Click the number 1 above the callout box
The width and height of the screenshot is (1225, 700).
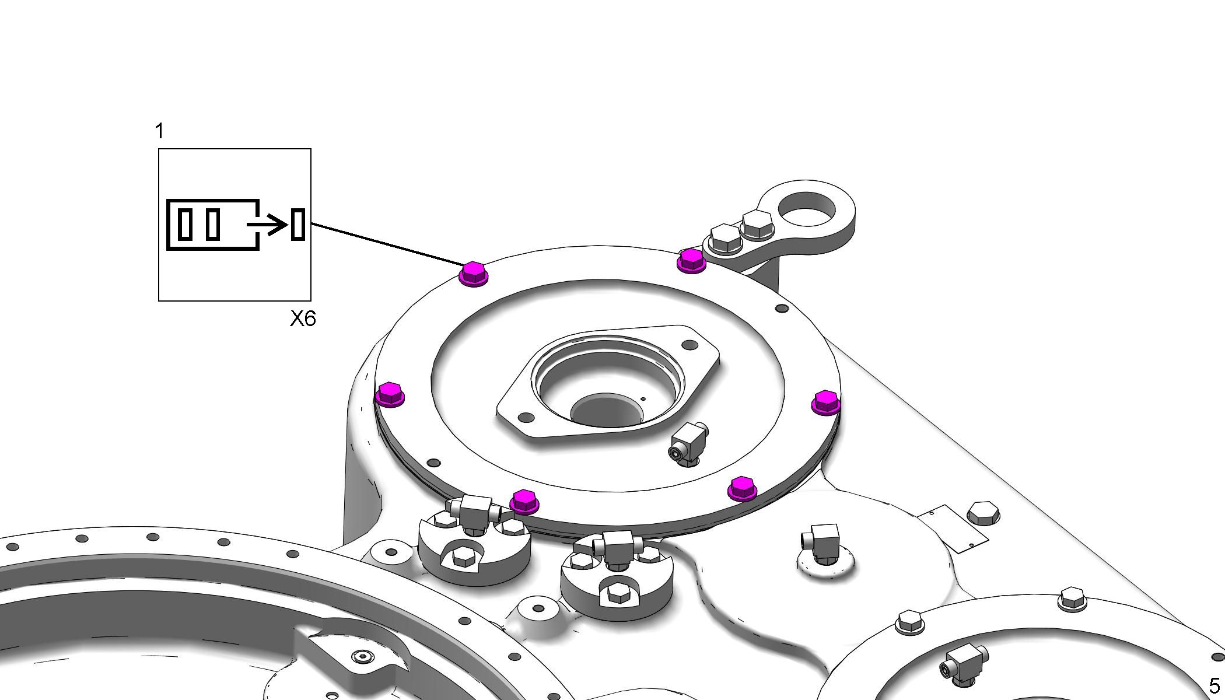pyautogui.click(x=160, y=131)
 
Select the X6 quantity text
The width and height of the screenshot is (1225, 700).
pyautogui.click(x=303, y=318)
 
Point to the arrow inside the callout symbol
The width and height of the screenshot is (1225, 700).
pyautogui.click(x=268, y=224)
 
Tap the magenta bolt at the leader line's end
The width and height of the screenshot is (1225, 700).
pyautogui.click(x=473, y=274)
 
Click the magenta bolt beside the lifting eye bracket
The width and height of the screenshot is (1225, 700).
pyautogui.click(x=691, y=260)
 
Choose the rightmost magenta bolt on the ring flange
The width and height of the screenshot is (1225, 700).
pyautogui.click(x=826, y=402)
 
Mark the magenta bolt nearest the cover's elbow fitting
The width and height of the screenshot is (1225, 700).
pyautogui.click(x=742, y=488)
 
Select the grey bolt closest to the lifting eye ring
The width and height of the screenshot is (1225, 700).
pyautogui.click(x=757, y=225)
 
